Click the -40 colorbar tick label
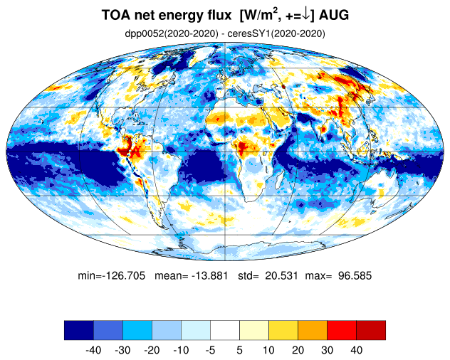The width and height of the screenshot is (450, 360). click(x=93, y=350)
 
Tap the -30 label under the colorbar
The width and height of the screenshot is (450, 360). click(x=123, y=350)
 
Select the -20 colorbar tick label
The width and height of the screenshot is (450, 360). click(x=152, y=350)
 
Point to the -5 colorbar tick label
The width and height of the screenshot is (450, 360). click(x=210, y=350)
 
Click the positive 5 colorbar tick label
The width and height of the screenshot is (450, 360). click(x=240, y=350)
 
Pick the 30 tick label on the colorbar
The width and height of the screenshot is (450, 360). click(x=327, y=350)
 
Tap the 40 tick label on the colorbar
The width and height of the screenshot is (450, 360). click(x=357, y=350)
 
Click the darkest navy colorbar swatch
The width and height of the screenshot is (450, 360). click(x=79, y=330)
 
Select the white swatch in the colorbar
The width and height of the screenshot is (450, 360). click(x=225, y=330)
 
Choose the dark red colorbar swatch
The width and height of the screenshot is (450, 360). click(x=371, y=330)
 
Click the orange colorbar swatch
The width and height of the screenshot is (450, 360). click(x=313, y=330)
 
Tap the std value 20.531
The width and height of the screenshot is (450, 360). click(x=281, y=275)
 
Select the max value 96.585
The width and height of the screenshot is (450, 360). click(x=355, y=275)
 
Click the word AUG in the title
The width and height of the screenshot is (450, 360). click(x=334, y=15)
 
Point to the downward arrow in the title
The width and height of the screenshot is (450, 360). click(x=305, y=15)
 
